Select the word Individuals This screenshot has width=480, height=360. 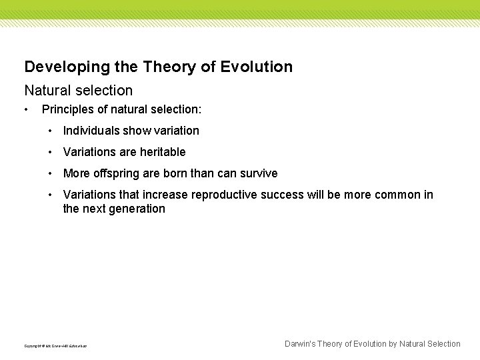point(91,131)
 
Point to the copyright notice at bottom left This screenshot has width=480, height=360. point(55,346)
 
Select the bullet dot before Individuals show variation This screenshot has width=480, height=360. point(51,131)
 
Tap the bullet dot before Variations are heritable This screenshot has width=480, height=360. point(51,152)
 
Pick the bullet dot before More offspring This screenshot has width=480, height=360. point(51,173)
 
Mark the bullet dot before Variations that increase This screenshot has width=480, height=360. point(51,195)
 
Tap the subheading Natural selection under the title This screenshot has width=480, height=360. point(79,90)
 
